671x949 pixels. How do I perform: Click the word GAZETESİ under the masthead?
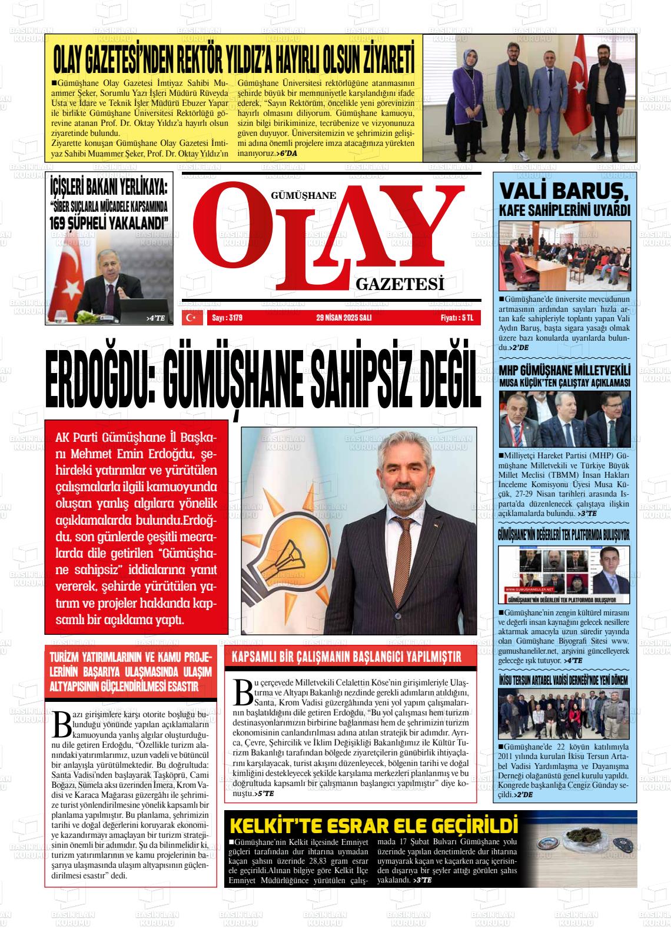[399, 286]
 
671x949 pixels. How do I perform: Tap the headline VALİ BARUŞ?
[564, 192]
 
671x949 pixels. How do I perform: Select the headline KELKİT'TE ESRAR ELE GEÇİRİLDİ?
[374, 825]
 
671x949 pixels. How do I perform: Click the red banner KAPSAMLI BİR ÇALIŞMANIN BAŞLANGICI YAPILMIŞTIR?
[350, 657]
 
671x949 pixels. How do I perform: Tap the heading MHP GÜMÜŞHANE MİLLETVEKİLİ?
[564, 371]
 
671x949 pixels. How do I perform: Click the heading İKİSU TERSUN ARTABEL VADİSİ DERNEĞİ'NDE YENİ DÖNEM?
[564, 680]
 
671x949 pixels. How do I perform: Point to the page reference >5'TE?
[264, 794]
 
